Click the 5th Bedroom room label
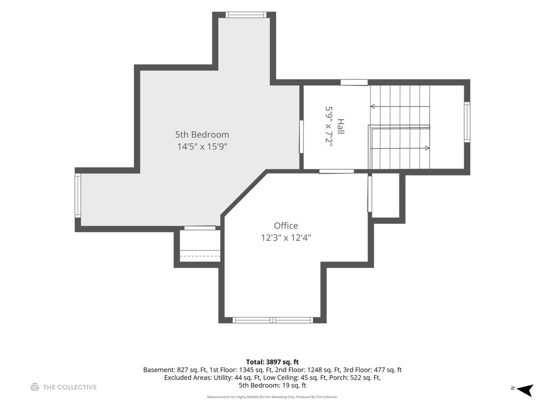202,135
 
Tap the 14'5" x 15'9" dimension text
202,146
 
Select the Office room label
286,226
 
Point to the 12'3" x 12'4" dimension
286,238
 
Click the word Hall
341,126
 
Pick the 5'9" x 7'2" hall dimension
329,126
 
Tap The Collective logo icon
35,387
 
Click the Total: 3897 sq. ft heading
272,362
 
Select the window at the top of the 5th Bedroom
246,15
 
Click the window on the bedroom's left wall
78,195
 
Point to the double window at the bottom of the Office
272,320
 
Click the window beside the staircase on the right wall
467,122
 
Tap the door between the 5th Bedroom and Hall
301,137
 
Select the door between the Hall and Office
337,171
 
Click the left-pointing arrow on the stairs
400,107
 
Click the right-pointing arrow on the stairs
400,148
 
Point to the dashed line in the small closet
200,256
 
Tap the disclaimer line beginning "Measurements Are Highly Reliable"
272,397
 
